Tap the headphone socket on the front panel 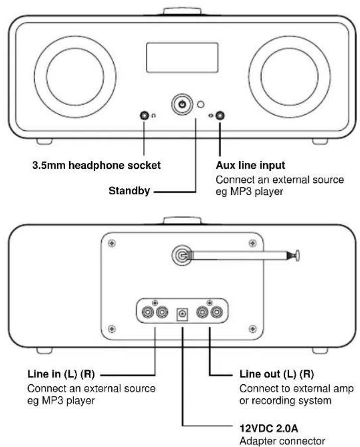[x=143, y=116]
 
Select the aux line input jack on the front [x=220, y=117]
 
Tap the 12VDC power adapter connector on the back [x=182, y=314]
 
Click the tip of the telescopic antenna [x=298, y=255]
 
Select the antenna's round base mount [x=179, y=256]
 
